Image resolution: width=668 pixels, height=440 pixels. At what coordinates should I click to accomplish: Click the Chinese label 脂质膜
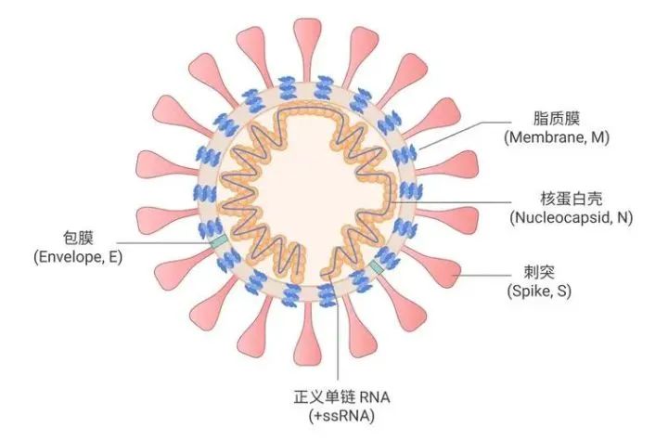(557, 118)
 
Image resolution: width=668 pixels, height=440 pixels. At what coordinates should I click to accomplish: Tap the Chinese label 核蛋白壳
(572, 199)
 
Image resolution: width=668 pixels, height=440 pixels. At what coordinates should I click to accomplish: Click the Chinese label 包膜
(78, 238)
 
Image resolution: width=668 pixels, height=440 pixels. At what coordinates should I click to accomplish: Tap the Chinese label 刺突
(539, 272)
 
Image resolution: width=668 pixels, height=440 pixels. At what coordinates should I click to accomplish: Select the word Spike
(531, 291)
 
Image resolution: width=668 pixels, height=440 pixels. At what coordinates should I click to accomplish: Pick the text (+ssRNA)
(341, 416)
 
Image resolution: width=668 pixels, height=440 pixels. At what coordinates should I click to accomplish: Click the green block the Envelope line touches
(220, 241)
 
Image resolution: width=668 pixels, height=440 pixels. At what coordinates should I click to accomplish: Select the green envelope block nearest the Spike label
(377, 267)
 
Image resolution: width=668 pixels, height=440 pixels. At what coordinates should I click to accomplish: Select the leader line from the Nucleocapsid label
(451, 202)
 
